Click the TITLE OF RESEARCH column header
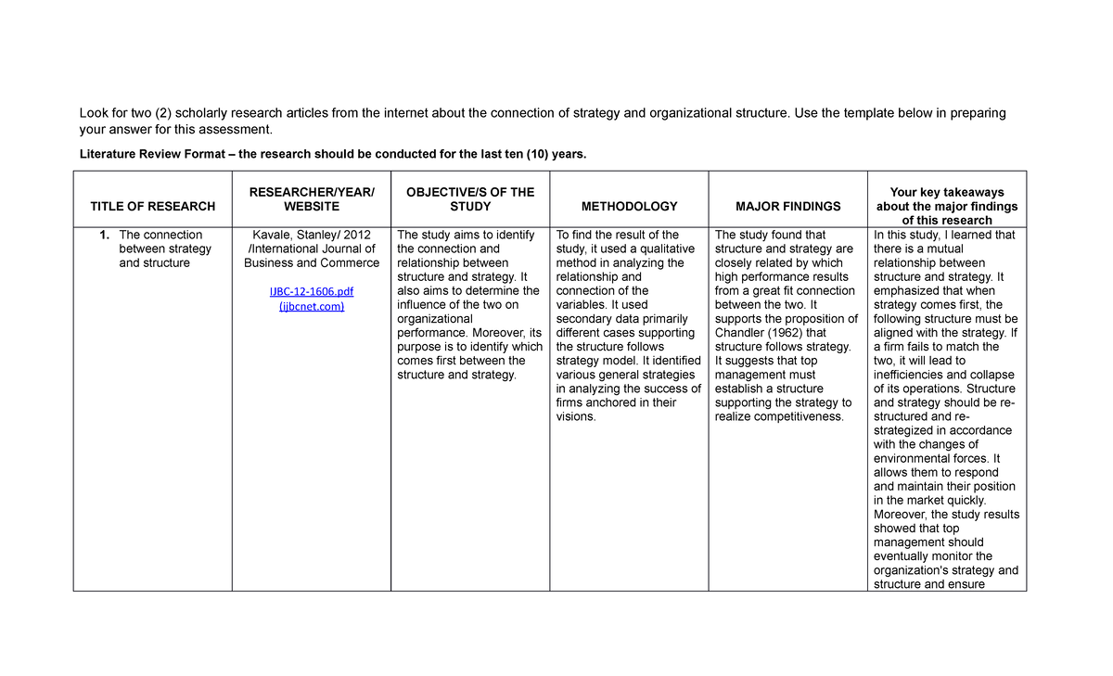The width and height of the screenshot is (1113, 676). click(152, 206)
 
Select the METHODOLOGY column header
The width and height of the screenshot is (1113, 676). click(629, 206)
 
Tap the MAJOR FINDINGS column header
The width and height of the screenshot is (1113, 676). click(787, 206)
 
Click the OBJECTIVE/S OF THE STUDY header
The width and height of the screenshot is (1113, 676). click(470, 199)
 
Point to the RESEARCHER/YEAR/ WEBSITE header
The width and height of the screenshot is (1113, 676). click(312, 199)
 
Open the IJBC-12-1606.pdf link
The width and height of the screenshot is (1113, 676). click(312, 291)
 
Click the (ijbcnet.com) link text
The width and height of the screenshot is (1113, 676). click(312, 306)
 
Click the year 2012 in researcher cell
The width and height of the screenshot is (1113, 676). click(358, 235)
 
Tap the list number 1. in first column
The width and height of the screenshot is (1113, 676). click(105, 235)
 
